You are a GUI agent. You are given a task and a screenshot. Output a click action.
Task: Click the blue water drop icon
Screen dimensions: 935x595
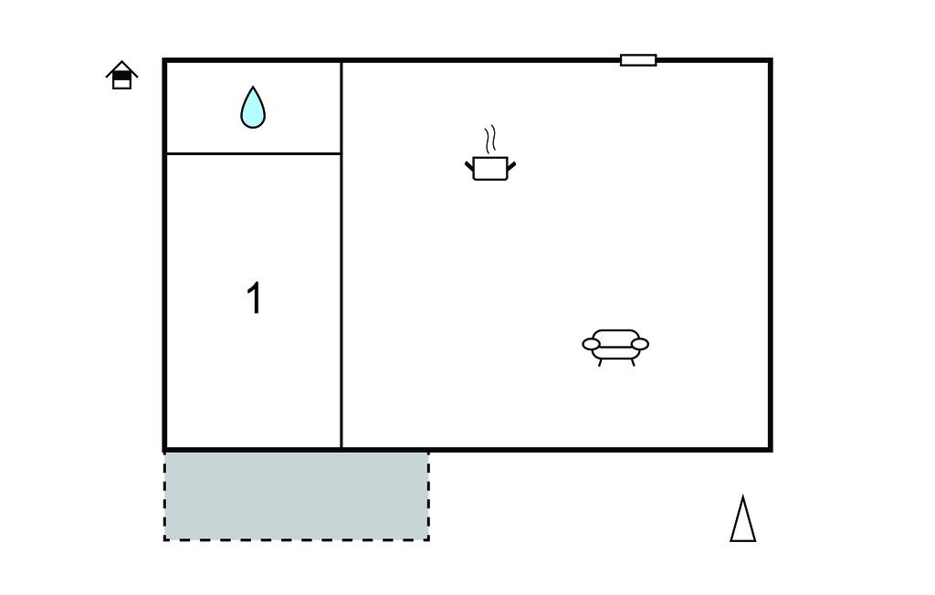[253, 108]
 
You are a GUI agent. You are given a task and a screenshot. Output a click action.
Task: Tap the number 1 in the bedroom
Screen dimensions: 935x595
[254, 298]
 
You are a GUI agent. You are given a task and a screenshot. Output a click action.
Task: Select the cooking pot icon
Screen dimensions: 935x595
[490, 168]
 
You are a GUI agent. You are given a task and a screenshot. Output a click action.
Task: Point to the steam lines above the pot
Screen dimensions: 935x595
[490, 139]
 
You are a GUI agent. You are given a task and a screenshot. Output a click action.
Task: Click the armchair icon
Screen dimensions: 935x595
[615, 347]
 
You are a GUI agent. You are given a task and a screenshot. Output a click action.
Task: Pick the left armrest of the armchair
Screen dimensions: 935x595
[591, 344]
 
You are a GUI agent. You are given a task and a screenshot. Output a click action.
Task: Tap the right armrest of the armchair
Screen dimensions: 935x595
[640, 344]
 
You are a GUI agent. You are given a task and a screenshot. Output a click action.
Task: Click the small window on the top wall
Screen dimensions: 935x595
[638, 60]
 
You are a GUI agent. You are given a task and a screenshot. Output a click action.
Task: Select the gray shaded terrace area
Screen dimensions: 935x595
[297, 496]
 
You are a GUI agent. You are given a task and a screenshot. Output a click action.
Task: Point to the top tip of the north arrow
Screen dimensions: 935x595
[743, 496]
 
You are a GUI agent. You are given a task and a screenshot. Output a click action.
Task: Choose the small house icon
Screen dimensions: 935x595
[121, 75]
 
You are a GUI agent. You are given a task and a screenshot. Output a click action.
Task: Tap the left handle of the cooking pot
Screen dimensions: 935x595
[468, 166]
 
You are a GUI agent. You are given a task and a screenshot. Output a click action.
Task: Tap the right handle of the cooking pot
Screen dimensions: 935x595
[511, 166]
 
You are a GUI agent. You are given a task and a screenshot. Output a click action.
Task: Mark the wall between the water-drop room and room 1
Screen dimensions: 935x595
[254, 154]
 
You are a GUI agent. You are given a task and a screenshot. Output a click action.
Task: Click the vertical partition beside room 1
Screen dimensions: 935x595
[341, 255]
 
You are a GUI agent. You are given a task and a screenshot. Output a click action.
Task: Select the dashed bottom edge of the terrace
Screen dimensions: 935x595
[297, 540]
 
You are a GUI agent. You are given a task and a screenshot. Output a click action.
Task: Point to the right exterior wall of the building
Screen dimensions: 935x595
[771, 255]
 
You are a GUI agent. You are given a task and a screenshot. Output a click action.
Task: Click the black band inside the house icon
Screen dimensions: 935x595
[121, 76]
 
